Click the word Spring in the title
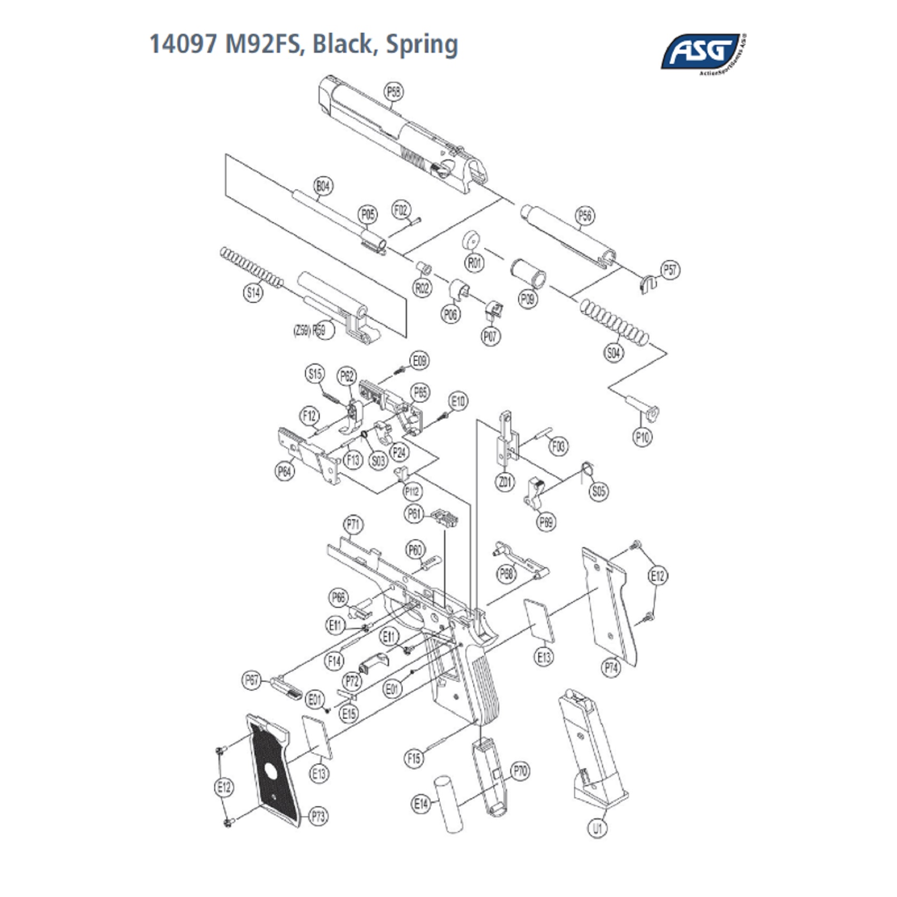422,44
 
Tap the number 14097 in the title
183,44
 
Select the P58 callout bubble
393,92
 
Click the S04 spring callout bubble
614,352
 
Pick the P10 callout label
642,437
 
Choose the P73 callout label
318,817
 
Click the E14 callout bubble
421,804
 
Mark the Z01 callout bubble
505,481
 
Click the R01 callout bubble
475,262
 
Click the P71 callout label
354,525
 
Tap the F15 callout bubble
414,759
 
